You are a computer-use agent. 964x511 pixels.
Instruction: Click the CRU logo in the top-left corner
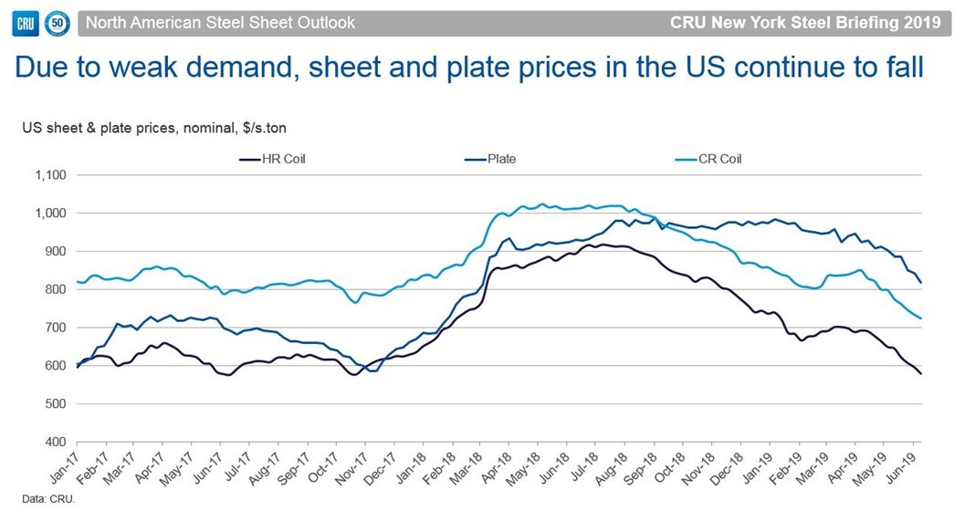(x=28, y=22)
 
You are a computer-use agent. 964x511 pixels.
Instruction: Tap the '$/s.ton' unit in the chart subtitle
(x=273, y=129)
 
